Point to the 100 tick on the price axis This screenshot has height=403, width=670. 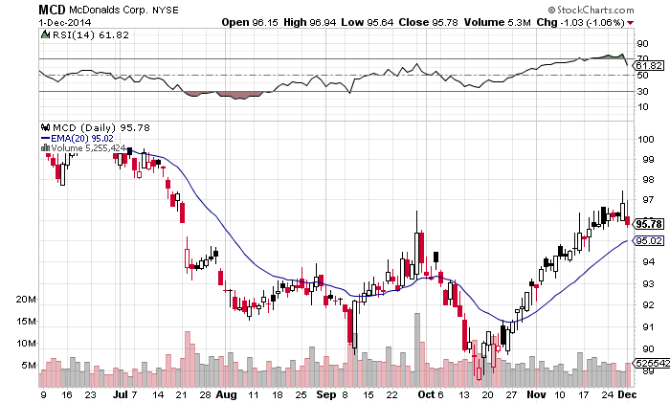(649, 138)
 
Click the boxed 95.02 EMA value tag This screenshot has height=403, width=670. (649, 241)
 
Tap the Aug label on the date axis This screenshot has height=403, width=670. (226, 394)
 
